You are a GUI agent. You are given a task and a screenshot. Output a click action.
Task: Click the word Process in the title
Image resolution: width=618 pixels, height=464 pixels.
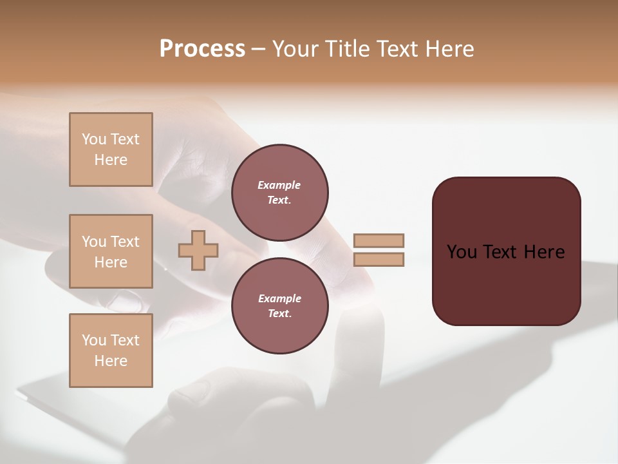point(202,49)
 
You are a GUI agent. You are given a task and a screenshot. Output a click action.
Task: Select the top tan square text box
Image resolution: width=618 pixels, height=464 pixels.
point(111,150)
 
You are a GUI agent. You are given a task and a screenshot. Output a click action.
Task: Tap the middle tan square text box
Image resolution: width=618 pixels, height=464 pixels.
point(111,251)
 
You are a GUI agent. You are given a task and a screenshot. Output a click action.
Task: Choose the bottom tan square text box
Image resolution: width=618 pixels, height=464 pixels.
point(111,351)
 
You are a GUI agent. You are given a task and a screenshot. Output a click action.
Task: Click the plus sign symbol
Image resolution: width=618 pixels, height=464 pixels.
point(198,250)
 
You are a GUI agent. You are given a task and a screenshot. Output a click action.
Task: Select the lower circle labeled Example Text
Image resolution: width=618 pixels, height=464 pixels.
point(279,306)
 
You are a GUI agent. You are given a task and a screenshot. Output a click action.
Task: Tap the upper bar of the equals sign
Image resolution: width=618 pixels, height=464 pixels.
point(379,241)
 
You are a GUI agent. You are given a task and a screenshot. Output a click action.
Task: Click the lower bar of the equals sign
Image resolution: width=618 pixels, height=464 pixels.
point(379,260)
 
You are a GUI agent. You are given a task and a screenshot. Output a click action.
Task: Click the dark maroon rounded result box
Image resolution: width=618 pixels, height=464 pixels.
point(506,284)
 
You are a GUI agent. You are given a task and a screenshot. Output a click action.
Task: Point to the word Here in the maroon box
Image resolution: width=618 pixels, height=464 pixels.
point(544,252)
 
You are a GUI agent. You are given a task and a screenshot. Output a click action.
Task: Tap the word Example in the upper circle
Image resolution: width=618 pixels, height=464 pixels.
point(279,186)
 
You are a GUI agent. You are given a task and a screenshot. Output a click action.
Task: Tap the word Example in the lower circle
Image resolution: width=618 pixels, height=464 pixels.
point(279,299)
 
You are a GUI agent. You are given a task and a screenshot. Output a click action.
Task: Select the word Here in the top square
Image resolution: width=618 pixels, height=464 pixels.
point(111,160)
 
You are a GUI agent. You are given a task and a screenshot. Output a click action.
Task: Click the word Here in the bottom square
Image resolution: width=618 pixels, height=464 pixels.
point(111,361)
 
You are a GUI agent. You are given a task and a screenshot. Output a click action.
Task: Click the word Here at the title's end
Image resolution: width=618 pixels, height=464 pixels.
point(451,49)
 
